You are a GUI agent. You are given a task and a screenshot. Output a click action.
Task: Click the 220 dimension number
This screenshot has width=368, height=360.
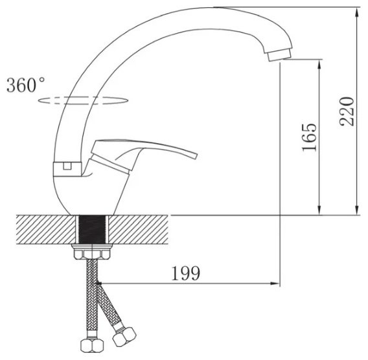(347, 111)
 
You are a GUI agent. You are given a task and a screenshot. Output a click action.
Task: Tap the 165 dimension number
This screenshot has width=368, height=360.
(309, 137)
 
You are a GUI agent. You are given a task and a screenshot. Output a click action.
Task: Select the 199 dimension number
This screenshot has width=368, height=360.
(186, 273)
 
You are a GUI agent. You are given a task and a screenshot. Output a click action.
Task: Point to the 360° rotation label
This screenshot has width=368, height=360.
(25, 85)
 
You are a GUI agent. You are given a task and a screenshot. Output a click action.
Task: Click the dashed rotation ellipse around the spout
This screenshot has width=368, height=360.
(84, 100)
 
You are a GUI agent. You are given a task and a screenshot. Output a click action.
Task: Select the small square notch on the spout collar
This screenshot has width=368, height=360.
(67, 166)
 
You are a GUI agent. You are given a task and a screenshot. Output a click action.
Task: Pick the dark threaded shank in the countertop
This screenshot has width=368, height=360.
(92, 230)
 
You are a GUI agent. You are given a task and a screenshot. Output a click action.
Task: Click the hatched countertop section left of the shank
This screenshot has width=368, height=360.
(46, 230)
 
